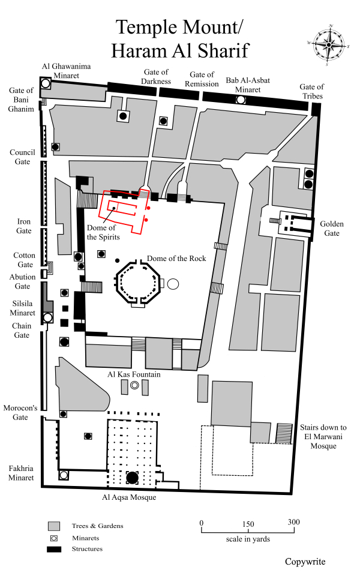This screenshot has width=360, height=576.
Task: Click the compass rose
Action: pos(329,45)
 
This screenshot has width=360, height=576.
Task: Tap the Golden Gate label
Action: pos(332,229)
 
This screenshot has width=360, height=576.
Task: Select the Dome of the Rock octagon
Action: pos(139,282)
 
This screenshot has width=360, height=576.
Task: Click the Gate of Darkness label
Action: pos(156,77)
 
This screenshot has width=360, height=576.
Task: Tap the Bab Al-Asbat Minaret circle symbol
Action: pos(241,99)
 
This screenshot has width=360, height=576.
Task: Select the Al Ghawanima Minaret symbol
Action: pos(45,83)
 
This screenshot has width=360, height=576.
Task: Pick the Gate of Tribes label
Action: pos(311,92)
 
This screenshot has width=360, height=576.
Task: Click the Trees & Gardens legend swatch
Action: pos(55,526)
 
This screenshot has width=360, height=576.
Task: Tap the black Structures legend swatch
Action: pos(55,549)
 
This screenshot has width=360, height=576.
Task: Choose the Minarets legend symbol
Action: pos(55,538)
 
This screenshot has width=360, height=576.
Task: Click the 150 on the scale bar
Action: pos(248,522)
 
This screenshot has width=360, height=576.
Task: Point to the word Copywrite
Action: pos(305,562)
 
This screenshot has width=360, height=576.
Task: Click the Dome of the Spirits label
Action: pos(103,232)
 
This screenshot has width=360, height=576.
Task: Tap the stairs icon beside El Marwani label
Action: pos(283,433)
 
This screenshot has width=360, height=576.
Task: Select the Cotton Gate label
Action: pos(24,260)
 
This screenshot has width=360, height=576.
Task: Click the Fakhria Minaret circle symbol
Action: pos(63,475)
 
